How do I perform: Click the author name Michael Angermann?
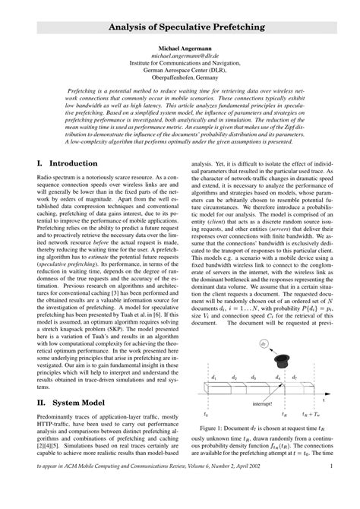(x=180, y=47)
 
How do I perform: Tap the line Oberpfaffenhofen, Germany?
(x=180, y=77)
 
